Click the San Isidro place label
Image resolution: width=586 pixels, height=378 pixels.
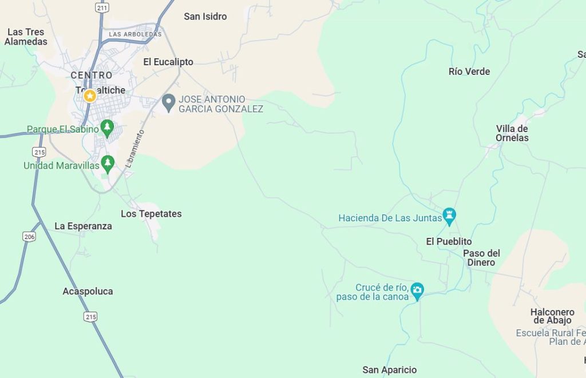(x=205, y=17)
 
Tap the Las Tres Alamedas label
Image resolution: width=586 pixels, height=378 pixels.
(x=26, y=37)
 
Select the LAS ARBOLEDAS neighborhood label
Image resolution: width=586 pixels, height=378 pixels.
(x=135, y=34)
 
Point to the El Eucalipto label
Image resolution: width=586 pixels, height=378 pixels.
(x=168, y=62)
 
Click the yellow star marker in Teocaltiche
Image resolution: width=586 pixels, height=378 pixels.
(x=90, y=96)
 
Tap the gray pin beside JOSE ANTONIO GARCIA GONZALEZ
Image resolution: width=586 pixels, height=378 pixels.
(x=168, y=103)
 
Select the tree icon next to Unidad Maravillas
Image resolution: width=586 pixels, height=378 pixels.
(x=108, y=164)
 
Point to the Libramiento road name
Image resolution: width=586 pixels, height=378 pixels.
(x=133, y=148)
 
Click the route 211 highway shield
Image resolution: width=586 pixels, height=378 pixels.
(x=102, y=8)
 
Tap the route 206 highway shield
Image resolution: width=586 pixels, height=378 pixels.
(x=29, y=236)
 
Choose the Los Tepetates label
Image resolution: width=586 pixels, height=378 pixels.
(x=151, y=214)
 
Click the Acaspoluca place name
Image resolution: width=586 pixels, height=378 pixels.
(x=88, y=291)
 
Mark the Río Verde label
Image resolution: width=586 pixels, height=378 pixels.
(x=469, y=71)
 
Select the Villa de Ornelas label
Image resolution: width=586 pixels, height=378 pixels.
(x=512, y=133)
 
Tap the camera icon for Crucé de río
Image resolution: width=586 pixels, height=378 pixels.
(x=418, y=290)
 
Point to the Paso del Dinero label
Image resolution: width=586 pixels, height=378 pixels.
(x=481, y=257)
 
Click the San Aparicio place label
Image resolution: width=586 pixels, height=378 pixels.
(x=390, y=370)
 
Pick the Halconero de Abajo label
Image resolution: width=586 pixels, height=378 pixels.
(x=552, y=316)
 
